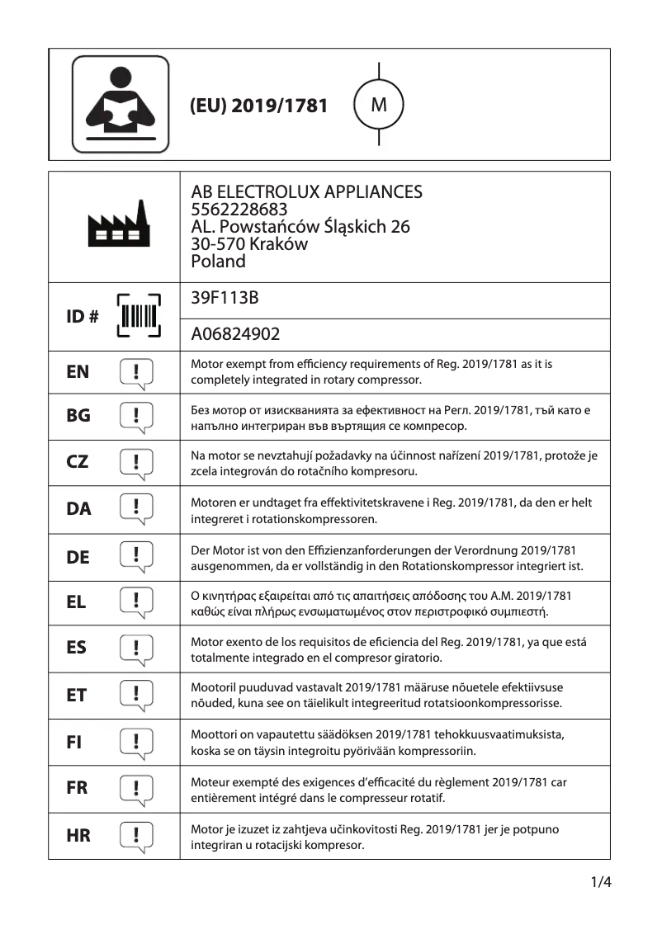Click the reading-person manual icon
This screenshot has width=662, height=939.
pos(121,104)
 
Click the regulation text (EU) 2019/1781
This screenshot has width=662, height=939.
pos(258,106)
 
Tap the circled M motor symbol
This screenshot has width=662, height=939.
pos(379,105)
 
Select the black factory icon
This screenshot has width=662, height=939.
pos(120,224)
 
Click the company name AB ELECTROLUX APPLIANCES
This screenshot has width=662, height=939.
pos(306,192)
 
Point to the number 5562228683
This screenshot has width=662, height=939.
pos(239,210)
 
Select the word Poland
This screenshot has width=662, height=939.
pos(218,262)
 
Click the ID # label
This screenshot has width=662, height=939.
pos(82,317)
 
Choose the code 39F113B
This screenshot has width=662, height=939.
pos(225,298)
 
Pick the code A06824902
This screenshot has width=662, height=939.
pos(235,334)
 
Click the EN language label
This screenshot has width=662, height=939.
pos(78,372)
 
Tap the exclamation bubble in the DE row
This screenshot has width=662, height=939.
pos(137,556)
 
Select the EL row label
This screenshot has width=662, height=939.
pos(76,602)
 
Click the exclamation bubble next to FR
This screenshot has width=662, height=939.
pos(137,787)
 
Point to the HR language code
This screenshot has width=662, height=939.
pos(78,835)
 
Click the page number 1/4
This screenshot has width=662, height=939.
pos(600,883)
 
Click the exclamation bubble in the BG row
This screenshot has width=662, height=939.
pos(137,417)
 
